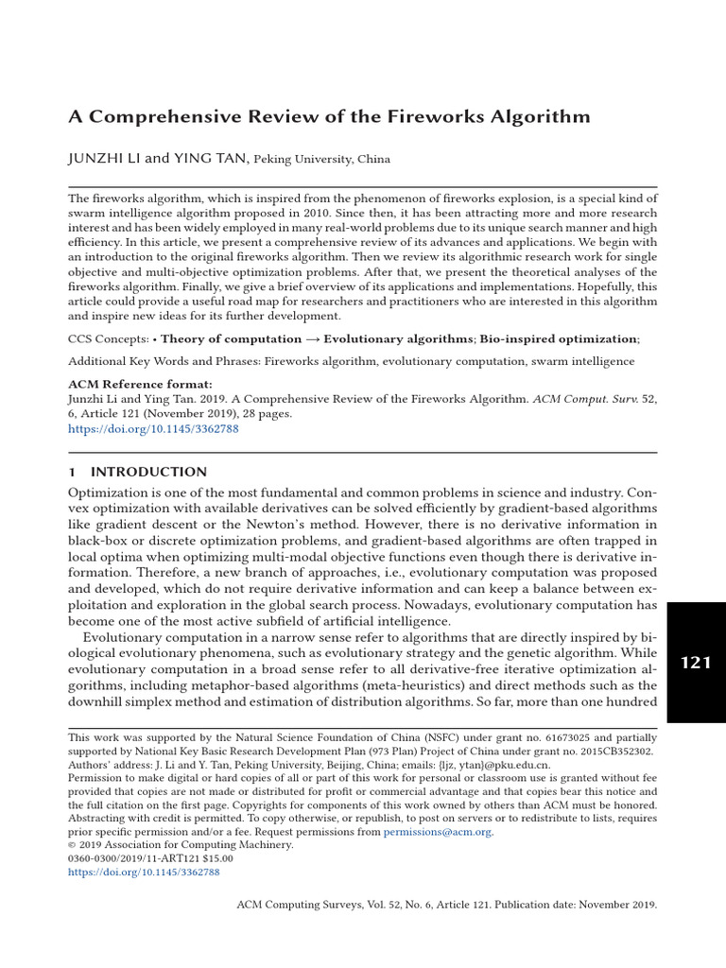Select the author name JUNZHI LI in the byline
pyautogui.click(x=104, y=159)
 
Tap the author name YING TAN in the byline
pyautogui.click(x=211, y=159)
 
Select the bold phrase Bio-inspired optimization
pyautogui.click(x=559, y=338)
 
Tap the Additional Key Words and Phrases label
pyautogui.click(x=164, y=361)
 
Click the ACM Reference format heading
pyautogui.click(x=141, y=385)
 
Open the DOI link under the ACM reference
pyautogui.click(x=153, y=428)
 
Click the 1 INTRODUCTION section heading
pyautogui.click(x=138, y=472)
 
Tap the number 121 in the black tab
pyautogui.click(x=696, y=663)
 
